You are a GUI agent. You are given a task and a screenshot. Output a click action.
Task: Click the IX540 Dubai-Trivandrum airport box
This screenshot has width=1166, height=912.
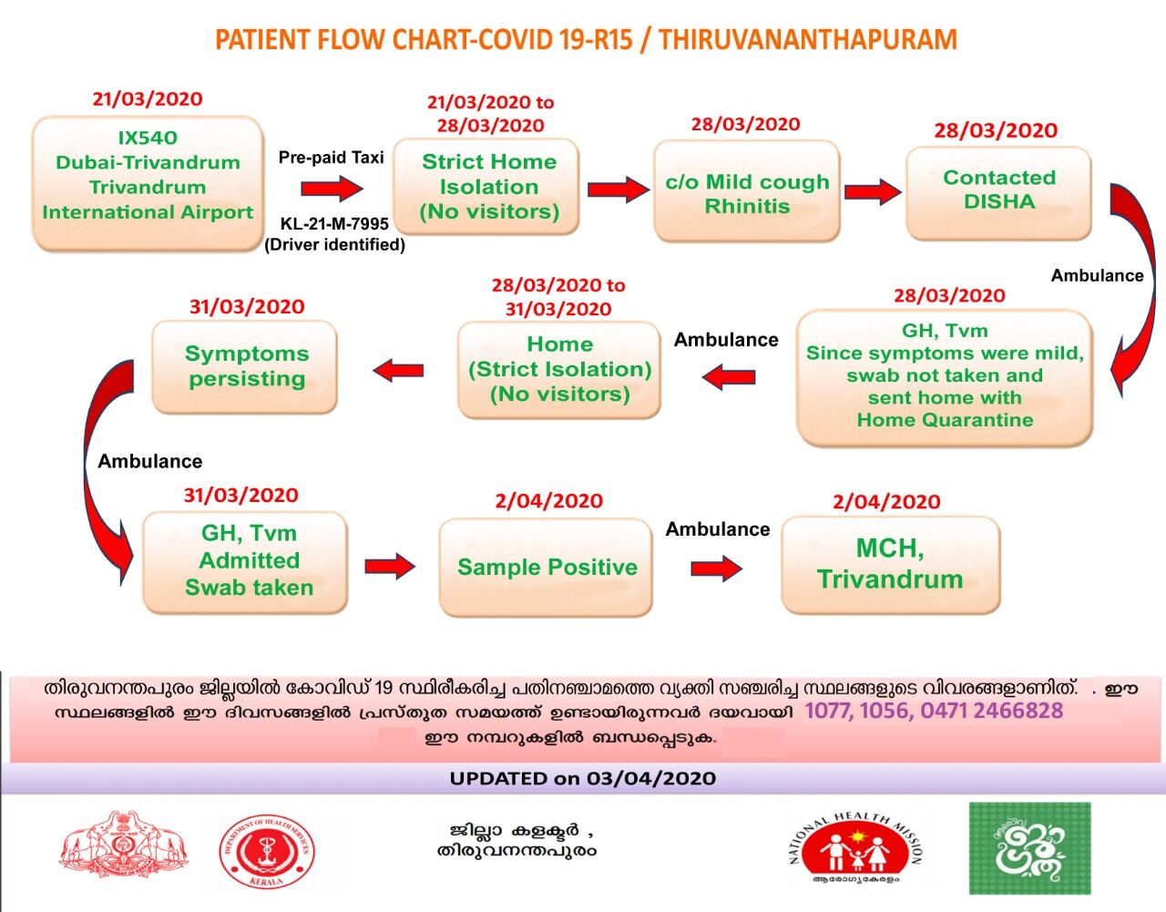148,183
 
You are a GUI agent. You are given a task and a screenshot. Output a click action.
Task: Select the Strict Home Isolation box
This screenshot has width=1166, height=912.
488,187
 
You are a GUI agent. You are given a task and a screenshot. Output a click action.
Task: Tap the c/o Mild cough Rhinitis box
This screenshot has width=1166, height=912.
747,192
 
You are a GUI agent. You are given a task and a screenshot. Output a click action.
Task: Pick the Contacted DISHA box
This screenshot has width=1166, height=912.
998,191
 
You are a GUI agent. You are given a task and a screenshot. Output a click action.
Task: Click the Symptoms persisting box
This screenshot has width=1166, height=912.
246,366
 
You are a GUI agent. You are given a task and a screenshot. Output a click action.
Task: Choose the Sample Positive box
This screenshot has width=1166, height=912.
547,567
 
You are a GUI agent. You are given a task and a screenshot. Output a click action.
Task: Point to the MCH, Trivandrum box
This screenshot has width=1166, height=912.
890,564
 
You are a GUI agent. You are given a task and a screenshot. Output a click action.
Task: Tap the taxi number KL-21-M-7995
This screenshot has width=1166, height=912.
334,223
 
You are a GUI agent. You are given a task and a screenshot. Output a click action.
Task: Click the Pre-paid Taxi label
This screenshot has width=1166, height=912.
331,157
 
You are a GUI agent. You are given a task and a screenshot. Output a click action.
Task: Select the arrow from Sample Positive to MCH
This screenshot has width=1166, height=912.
716,569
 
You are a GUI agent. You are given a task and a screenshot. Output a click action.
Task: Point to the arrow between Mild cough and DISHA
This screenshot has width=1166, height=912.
872,192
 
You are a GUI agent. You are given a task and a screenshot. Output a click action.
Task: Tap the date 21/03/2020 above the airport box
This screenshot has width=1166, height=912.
148,99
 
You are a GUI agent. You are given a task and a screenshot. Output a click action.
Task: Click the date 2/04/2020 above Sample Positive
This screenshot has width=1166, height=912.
548,501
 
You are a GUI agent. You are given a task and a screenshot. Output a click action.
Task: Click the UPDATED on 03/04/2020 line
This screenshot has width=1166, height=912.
583,779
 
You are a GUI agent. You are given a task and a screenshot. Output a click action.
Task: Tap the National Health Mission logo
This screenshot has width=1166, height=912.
854,851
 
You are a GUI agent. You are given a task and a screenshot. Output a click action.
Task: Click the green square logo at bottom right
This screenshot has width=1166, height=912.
1029,848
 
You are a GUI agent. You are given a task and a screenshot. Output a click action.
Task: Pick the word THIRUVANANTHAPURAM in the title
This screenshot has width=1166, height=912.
808,40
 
